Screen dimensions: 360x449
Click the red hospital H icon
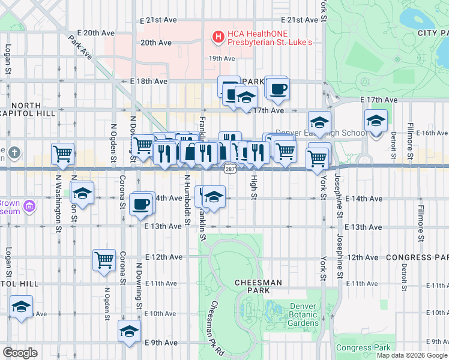218,37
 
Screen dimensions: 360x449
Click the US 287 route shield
230,170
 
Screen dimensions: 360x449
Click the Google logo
20,352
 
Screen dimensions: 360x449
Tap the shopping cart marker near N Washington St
62,154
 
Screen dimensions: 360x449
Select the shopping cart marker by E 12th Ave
104,260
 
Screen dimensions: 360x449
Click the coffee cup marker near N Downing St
141,203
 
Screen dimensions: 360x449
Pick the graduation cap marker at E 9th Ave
129,331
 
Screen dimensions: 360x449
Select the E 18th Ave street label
149,81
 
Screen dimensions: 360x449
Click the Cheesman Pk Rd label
214,327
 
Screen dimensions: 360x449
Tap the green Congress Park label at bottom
363,347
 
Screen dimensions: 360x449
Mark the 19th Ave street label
221,58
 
